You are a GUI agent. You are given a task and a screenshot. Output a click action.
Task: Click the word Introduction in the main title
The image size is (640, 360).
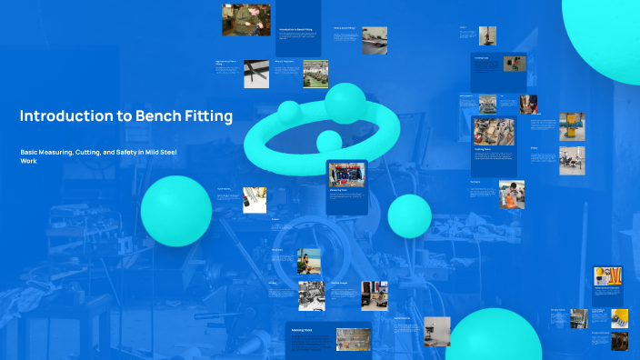[x=61, y=116]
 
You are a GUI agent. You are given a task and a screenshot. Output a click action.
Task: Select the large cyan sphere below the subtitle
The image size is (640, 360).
[x=176, y=211]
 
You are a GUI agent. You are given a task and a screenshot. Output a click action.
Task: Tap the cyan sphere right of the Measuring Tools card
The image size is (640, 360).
[x=409, y=215]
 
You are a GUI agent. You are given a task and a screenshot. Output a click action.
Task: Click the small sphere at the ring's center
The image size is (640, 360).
[x=328, y=141]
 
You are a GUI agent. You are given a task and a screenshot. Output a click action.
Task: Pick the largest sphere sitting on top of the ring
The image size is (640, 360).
[x=345, y=103]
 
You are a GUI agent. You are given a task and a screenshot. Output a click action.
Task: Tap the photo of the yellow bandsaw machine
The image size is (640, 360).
[x=571, y=126]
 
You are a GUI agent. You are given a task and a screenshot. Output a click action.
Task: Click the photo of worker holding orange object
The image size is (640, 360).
[x=511, y=194]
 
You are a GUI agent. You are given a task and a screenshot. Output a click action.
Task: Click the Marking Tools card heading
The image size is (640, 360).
[x=302, y=329]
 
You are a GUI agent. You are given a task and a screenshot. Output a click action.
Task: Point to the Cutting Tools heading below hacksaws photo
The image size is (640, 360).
[x=484, y=149]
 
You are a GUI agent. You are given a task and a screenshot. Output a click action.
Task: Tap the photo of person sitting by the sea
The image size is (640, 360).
[x=310, y=260]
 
